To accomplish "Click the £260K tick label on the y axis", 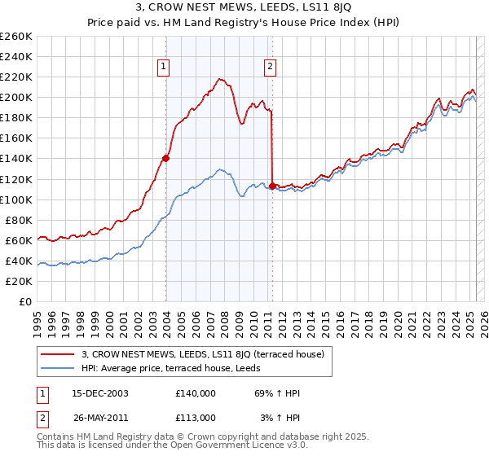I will (x=16, y=37).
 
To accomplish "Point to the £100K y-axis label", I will (x=16, y=199).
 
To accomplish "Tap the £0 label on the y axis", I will (x=26, y=301).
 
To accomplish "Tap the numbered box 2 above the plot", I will (x=270, y=68).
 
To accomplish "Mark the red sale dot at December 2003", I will (x=165, y=159).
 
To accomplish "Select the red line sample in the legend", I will (x=59, y=354).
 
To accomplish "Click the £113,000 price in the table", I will (x=196, y=417).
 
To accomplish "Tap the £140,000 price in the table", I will (x=196, y=393).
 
